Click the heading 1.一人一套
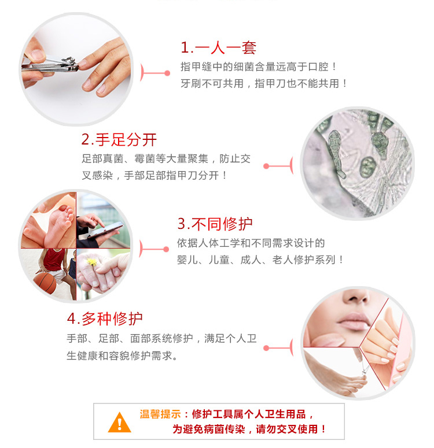click(x=218, y=48)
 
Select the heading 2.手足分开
click(x=119, y=140)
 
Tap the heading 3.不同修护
click(x=215, y=224)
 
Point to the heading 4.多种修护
click(x=105, y=319)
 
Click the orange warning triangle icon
click(x=120, y=423)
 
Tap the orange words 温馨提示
click(x=160, y=414)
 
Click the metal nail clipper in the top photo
click(x=50, y=65)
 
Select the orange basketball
click(x=45, y=283)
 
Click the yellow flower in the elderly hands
click(x=93, y=262)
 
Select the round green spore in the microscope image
click(x=367, y=167)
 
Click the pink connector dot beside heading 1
click(x=167, y=73)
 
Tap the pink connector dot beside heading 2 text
click(x=266, y=166)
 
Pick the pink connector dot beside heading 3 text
click(x=166, y=249)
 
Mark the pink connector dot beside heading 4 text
click(x=266, y=348)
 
